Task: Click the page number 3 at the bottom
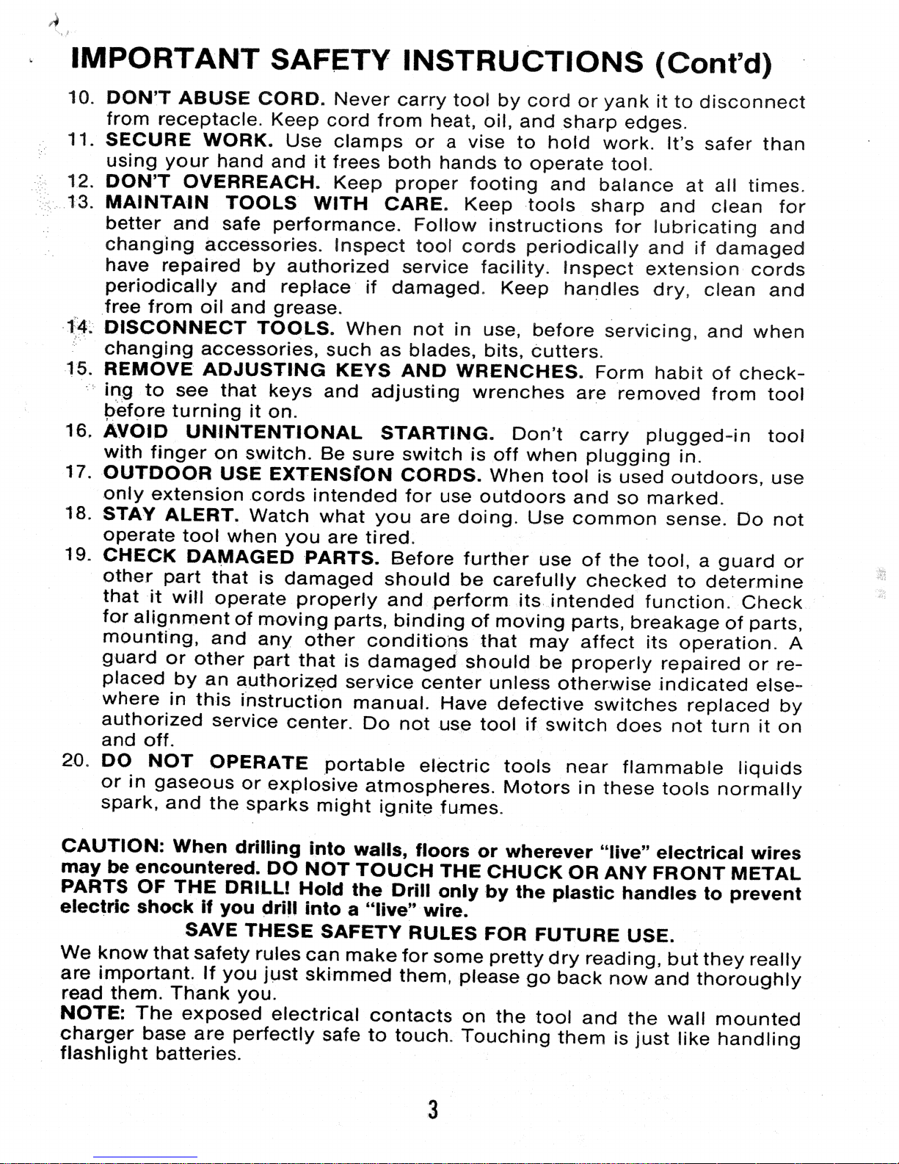tap(433, 1109)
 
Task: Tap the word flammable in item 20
tap(672, 768)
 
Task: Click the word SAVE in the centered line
tap(211, 930)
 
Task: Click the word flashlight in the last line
tap(105, 1055)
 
